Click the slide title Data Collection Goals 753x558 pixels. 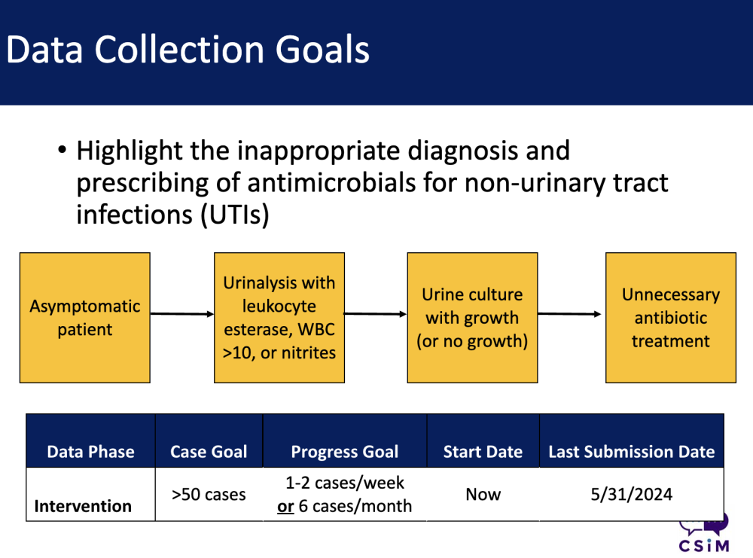tap(187, 50)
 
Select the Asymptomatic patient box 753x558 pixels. tap(85, 318)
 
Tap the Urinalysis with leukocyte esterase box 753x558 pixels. tap(279, 318)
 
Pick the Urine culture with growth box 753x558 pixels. tap(472, 318)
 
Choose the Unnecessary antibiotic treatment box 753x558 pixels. tap(671, 318)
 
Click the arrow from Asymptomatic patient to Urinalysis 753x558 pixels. tap(182, 314)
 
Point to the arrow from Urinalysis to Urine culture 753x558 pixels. tap(376, 314)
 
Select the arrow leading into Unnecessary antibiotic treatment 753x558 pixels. tap(569, 314)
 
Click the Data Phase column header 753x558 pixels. tap(91, 451)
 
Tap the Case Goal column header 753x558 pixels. tap(209, 451)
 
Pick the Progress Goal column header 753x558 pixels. tap(345, 451)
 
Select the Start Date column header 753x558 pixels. tap(483, 451)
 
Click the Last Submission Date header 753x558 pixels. tap(632, 451)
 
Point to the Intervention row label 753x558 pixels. tap(83, 506)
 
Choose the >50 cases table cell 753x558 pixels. tap(209, 494)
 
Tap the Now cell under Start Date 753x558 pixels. tap(483, 494)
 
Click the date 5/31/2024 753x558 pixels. tap(632, 494)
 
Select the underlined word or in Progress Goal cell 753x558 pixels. tap(285, 507)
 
